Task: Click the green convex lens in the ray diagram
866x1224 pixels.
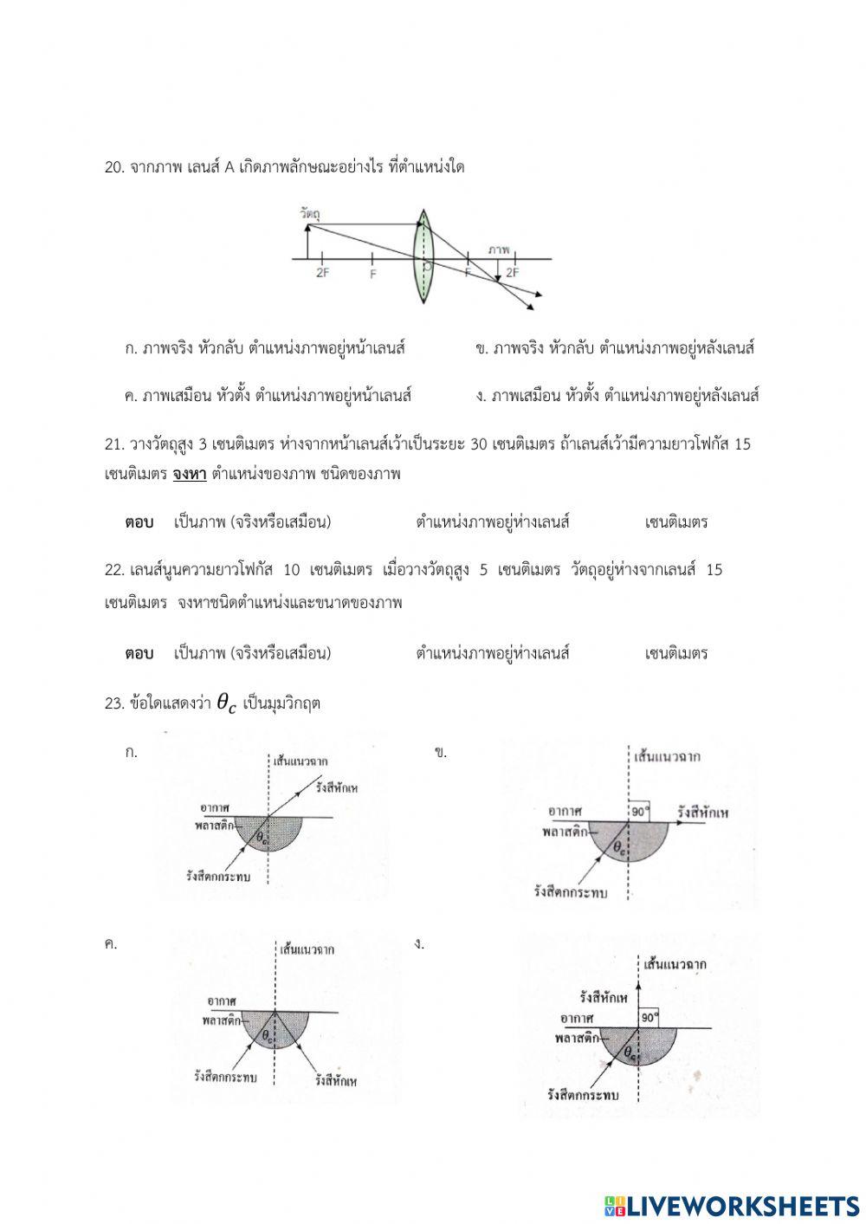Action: tap(423, 257)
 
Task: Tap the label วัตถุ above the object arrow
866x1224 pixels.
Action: tap(307, 212)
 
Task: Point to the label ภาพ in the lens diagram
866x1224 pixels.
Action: tap(498, 249)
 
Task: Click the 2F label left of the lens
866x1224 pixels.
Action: tap(322, 273)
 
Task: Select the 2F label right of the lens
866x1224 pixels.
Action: tap(513, 272)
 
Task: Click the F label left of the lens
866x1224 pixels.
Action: tap(373, 273)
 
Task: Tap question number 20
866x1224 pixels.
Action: tap(114, 167)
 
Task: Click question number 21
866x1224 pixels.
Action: tap(114, 444)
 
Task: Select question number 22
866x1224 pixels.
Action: tap(114, 570)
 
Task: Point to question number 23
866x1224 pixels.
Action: tap(114, 703)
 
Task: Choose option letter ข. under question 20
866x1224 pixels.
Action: tap(482, 349)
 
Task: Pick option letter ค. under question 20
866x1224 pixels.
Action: tap(132, 396)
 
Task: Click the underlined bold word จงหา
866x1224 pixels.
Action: tap(190, 475)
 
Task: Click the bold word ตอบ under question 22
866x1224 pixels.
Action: tap(139, 653)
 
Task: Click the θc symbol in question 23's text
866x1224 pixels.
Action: tap(225, 704)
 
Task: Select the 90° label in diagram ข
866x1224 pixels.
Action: tap(640, 812)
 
